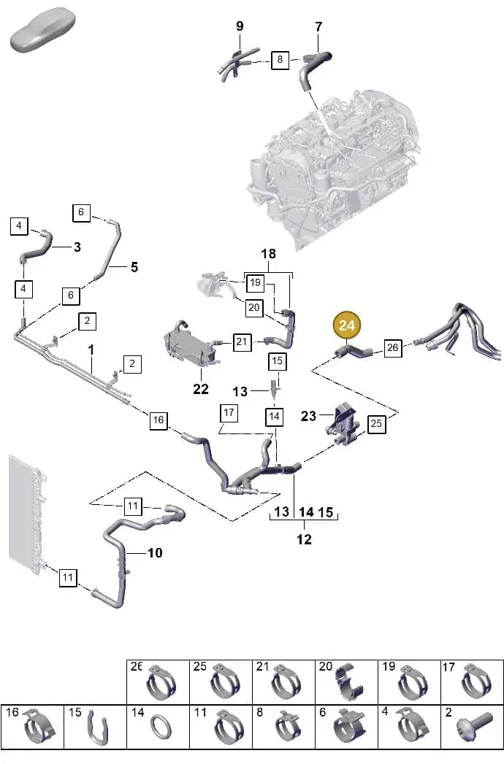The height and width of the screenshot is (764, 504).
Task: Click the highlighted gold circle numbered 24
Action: tap(346, 325)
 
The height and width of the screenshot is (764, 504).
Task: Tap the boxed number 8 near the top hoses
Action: tap(280, 59)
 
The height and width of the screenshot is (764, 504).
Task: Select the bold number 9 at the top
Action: tap(240, 26)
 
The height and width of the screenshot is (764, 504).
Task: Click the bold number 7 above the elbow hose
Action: tap(318, 27)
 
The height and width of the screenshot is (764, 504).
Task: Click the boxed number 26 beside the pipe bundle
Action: tap(393, 347)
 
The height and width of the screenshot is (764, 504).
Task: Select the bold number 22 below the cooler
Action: tap(201, 389)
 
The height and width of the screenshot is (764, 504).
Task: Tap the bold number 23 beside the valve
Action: tap(308, 416)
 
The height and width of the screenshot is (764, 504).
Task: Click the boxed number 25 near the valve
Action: tap(375, 423)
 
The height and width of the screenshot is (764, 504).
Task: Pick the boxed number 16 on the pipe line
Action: tap(158, 420)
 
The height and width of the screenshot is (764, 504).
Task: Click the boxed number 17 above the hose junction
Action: tap(229, 413)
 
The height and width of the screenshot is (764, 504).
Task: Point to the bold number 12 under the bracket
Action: tap(304, 539)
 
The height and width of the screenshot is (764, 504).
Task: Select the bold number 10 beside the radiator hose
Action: tap(155, 552)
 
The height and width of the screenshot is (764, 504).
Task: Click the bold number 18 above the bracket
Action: tap(268, 254)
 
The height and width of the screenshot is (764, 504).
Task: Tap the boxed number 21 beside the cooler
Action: tap(242, 342)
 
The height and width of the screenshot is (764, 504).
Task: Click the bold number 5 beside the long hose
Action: tap(134, 267)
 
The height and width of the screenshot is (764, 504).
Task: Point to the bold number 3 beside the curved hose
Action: tap(77, 247)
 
